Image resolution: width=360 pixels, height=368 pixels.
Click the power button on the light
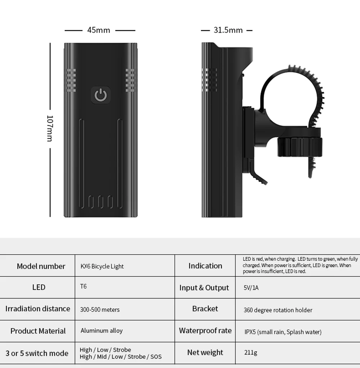pos(101,95)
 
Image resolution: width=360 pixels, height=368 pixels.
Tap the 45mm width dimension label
pos(98,30)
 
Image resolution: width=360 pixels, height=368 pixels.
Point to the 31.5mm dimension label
pos(228,30)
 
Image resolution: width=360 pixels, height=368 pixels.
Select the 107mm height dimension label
pos(50,128)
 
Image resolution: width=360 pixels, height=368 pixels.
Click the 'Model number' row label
pos(41,266)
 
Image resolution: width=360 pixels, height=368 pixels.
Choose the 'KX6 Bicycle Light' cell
pos(102,266)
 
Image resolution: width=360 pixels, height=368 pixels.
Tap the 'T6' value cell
pos(83,287)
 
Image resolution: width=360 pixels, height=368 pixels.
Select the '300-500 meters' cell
pos(100,310)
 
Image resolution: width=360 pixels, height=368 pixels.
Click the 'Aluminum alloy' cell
pos(102,331)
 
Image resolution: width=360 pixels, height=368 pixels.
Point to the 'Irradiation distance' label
pos(38,309)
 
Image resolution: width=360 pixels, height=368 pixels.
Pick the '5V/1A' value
pos(251,288)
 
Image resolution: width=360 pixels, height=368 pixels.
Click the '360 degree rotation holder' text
pos(278,310)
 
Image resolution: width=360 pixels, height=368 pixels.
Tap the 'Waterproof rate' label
pos(205,331)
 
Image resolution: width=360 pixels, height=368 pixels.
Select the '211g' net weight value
pos(251,353)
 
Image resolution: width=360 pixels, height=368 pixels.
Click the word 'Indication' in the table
pos(205,266)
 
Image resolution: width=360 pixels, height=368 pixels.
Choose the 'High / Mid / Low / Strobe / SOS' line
pos(121,357)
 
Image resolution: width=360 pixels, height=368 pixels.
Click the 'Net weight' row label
pos(205,353)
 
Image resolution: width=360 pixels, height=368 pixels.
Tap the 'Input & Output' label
pos(204,288)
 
